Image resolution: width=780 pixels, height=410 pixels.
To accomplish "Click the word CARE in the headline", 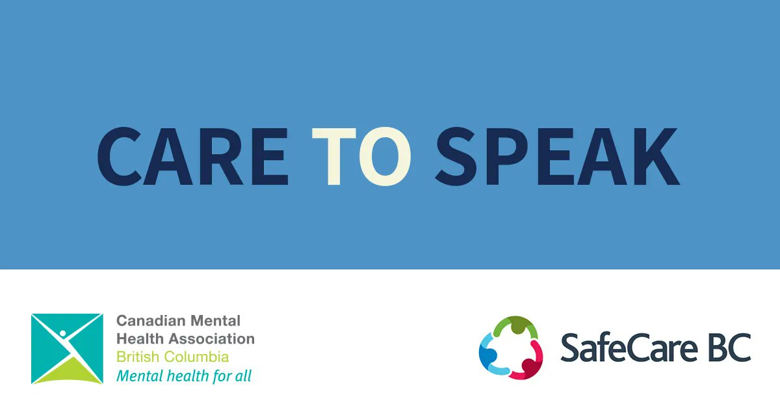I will click(x=192, y=157).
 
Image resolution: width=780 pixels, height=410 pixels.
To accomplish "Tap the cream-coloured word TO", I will click(x=361, y=157).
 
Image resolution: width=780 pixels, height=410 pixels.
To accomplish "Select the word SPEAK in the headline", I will click(x=557, y=157).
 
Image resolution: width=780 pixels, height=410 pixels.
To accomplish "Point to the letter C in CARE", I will click(x=122, y=157).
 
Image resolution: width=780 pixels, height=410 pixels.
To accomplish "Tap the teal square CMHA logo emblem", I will click(x=67, y=349).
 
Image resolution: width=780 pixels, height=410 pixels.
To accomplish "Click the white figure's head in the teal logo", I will click(x=63, y=333).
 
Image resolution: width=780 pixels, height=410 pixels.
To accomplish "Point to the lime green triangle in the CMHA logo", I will click(x=67, y=372).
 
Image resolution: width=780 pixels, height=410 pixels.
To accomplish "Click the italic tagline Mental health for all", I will click(x=183, y=376).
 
